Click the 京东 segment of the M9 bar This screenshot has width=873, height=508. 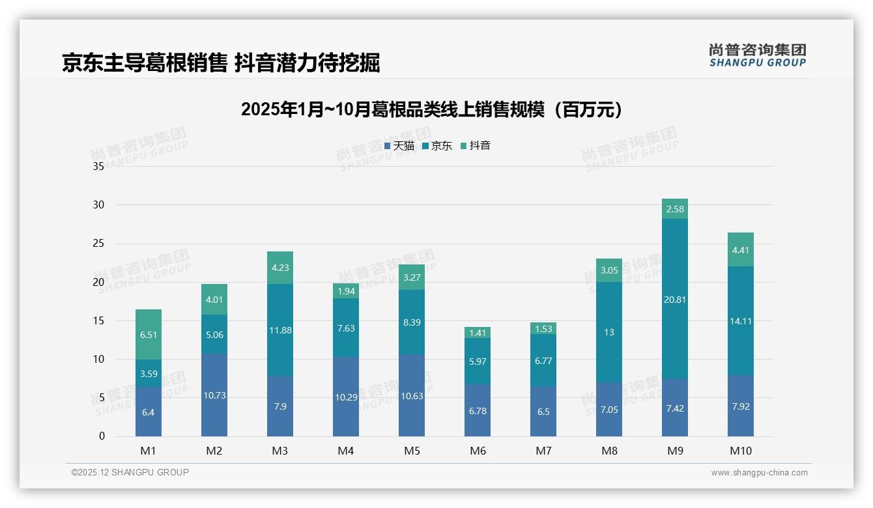pyautogui.click(x=674, y=299)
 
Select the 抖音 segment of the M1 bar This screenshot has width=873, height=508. pyautogui.click(x=149, y=334)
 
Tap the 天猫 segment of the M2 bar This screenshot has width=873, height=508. pyautogui.click(x=214, y=395)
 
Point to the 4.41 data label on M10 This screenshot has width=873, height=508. pyautogui.click(x=740, y=250)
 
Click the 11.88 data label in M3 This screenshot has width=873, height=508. pyautogui.click(x=280, y=330)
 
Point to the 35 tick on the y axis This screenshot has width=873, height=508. pyautogui.click(x=98, y=166)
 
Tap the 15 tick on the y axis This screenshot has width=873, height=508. pyautogui.click(x=98, y=320)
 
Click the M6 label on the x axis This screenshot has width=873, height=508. pyautogui.click(x=478, y=451)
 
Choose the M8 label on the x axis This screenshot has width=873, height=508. pyautogui.click(x=609, y=451)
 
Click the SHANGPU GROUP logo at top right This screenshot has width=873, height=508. pyautogui.click(x=757, y=55)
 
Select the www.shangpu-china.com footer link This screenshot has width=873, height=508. pyautogui.click(x=759, y=473)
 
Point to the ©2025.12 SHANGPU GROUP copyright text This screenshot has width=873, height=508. pyautogui.click(x=130, y=473)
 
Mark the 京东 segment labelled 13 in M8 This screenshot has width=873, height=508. pyautogui.click(x=609, y=332)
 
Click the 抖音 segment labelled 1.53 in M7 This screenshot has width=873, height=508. pyautogui.click(x=543, y=329)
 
